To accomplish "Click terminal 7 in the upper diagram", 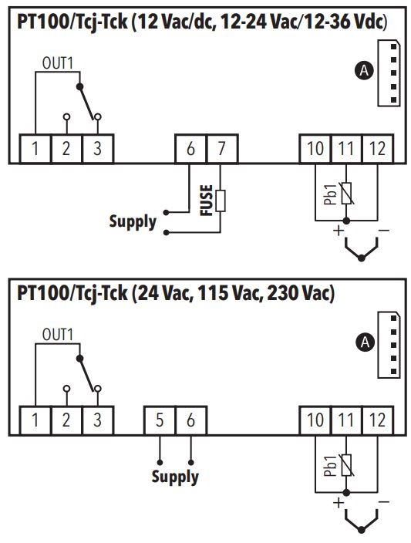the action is (x=222, y=149).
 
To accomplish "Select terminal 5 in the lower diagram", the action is (x=160, y=420).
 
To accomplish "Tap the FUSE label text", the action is (x=207, y=201).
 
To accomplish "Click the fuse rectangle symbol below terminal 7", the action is (x=221, y=201).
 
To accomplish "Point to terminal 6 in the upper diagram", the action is (x=190, y=149).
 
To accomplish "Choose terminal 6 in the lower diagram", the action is (x=190, y=420).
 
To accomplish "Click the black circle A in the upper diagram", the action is (x=364, y=71).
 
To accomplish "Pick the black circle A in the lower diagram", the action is (x=365, y=342).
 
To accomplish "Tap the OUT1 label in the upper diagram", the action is (x=58, y=63).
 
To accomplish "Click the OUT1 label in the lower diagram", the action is (x=58, y=335).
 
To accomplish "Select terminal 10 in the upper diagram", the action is (x=315, y=149).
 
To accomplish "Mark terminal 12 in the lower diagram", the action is (x=377, y=420).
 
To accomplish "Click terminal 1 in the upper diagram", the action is (x=35, y=149).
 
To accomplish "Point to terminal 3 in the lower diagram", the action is (x=98, y=420).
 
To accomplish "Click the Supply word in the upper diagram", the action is (x=133, y=221).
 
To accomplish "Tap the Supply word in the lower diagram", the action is (x=175, y=477).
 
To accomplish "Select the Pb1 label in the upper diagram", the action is (x=331, y=194).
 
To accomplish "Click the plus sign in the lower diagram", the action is (x=339, y=502).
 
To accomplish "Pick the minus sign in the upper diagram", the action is (x=384, y=230).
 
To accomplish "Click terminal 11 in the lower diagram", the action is (x=346, y=420).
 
